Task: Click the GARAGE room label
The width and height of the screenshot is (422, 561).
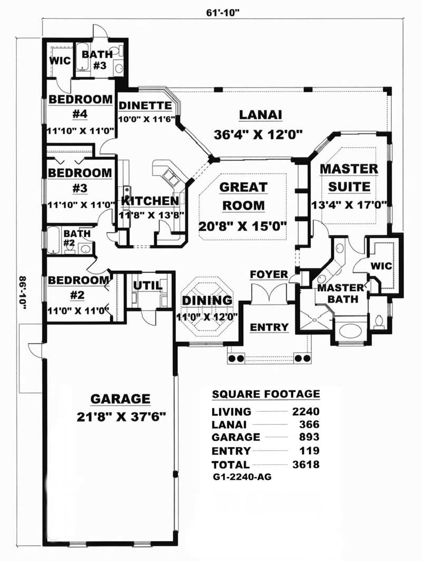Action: pyautogui.click(x=120, y=398)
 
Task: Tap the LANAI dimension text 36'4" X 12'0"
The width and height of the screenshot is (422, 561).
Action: pyautogui.click(x=258, y=135)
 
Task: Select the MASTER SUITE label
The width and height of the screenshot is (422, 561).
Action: pyautogui.click(x=349, y=178)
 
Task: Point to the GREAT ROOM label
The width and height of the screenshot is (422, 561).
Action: pyautogui.click(x=243, y=195)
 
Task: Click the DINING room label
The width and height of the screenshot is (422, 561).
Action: pyautogui.click(x=207, y=300)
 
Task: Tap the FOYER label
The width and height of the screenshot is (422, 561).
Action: pyautogui.click(x=268, y=274)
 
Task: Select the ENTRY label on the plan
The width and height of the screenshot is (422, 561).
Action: pyautogui.click(x=269, y=327)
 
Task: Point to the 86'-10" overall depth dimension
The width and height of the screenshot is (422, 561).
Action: pyautogui.click(x=23, y=296)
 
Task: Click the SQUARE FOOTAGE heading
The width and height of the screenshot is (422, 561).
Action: pyautogui.click(x=265, y=394)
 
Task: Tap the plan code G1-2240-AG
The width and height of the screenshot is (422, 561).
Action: pyautogui.click(x=242, y=477)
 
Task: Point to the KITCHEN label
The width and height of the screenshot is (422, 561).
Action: pyautogui.click(x=150, y=201)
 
